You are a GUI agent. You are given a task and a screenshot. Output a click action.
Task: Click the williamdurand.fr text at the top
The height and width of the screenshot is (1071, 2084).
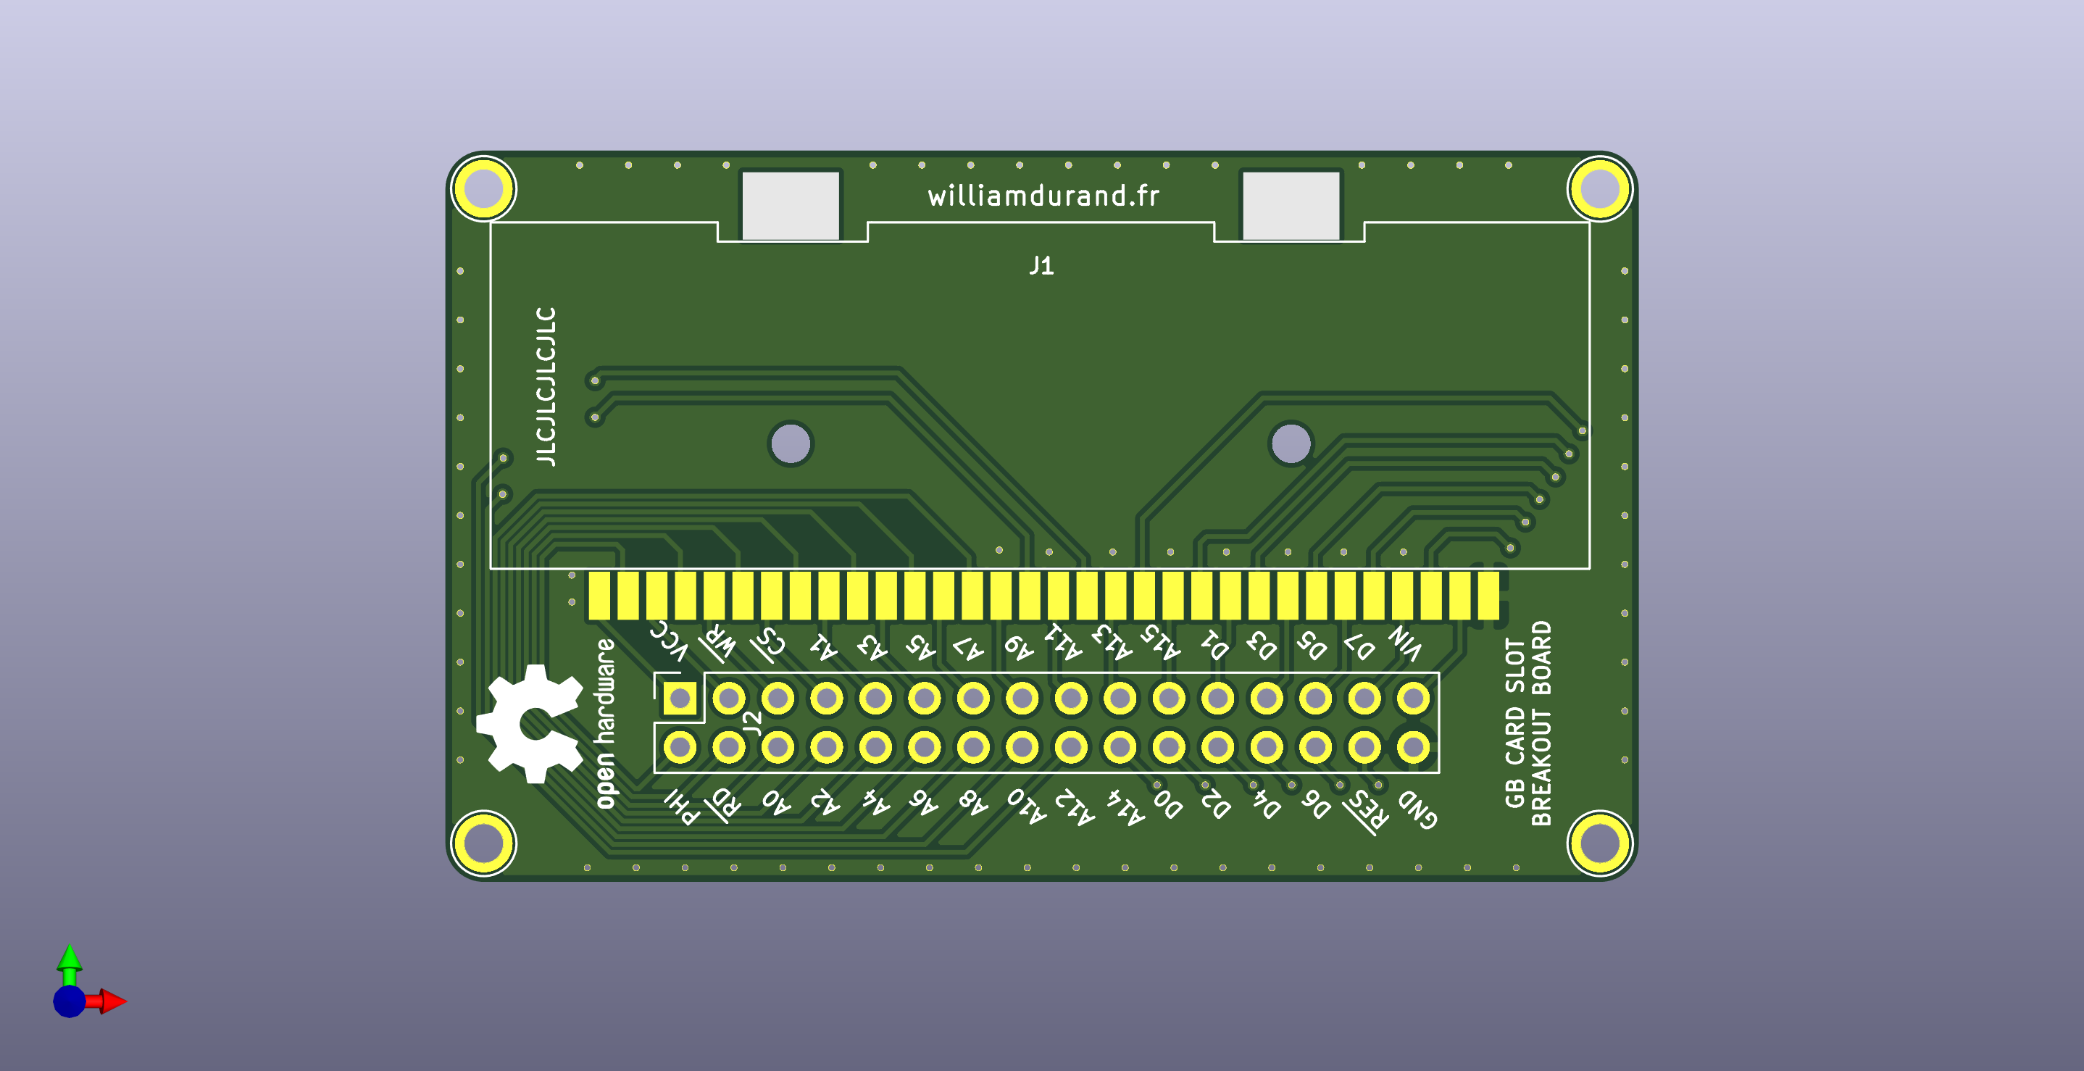click(x=1043, y=196)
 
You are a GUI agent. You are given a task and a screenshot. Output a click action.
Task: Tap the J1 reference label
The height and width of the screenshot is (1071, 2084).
click(x=1041, y=265)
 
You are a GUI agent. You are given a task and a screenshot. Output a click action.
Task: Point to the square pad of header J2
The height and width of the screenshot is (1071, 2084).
click(x=680, y=697)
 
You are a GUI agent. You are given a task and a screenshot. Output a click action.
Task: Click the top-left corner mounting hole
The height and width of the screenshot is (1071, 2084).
click(x=483, y=188)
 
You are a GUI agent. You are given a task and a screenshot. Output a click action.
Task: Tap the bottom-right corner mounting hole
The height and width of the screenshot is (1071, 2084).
click(x=1599, y=843)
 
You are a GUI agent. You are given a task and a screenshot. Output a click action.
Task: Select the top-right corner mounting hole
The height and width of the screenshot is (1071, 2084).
click(x=1599, y=188)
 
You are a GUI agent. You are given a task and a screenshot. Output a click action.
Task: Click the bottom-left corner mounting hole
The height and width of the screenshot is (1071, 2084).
click(x=483, y=843)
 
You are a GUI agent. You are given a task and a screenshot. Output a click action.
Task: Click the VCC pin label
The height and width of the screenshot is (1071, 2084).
click(x=668, y=641)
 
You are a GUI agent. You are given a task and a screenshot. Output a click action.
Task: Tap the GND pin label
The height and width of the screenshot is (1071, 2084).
click(x=1417, y=809)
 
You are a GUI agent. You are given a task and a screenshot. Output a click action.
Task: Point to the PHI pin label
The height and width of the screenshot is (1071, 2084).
click(x=681, y=807)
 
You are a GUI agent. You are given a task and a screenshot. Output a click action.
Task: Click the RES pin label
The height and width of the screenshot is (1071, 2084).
click(x=1367, y=811)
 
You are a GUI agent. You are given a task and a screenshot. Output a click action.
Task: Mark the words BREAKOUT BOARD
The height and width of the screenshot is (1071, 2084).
click(x=1541, y=723)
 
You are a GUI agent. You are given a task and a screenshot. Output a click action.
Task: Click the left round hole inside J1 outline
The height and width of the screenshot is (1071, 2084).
click(x=791, y=443)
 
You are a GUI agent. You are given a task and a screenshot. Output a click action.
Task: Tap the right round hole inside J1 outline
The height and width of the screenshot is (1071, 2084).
click(x=1291, y=443)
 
